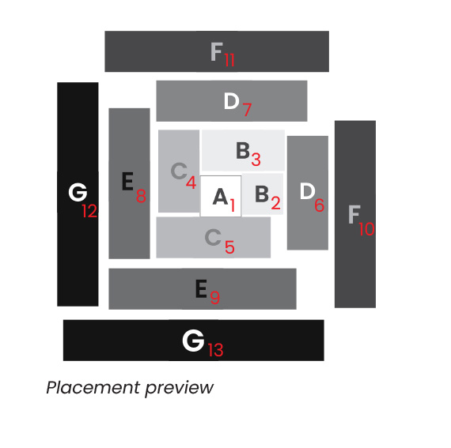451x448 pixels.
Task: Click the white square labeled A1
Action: (x=221, y=196)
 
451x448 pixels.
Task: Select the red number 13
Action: (x=216, y=350)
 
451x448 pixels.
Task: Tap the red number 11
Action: (x=229, y=60)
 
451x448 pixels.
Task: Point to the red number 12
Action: (x=89, y=211)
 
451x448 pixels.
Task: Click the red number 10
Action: (x=366, y=229)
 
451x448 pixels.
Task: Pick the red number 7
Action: (x=247, y=109)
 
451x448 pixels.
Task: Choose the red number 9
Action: (x=215, y=297)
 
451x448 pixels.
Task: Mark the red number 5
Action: (x=229, y=247)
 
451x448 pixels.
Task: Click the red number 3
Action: (x=256, y=159)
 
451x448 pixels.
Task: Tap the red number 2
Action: (x=275, y=203)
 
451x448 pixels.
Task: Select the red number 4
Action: (x=191, y=182)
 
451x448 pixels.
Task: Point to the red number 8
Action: (x=141, y=196)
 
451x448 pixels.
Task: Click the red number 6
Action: (x=320, y=205)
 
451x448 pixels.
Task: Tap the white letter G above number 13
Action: (x=193, y=341)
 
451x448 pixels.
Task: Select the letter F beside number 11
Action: (x=217, y=51)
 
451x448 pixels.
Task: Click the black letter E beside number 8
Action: (x=127, y=181)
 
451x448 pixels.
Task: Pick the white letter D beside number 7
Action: (x=232, y=101)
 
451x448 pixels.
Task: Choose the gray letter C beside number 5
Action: (x=213, y=237)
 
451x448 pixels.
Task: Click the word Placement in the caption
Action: (x=93, y=388)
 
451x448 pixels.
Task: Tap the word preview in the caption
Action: (x=179, y=389)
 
